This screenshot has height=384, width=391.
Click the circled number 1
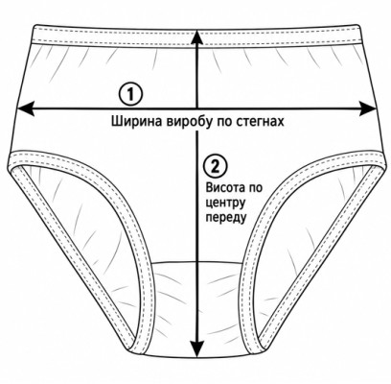(129, 94)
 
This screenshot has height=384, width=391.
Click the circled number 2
(216, 166)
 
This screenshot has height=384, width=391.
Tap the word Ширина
(137, 122)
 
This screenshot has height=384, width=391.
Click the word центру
(225, 203)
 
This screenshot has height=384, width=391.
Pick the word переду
(226, 218)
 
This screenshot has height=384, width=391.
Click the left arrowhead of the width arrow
(25, 108)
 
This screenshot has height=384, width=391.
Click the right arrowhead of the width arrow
(368, 108)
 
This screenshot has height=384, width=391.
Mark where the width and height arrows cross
(197, 108)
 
